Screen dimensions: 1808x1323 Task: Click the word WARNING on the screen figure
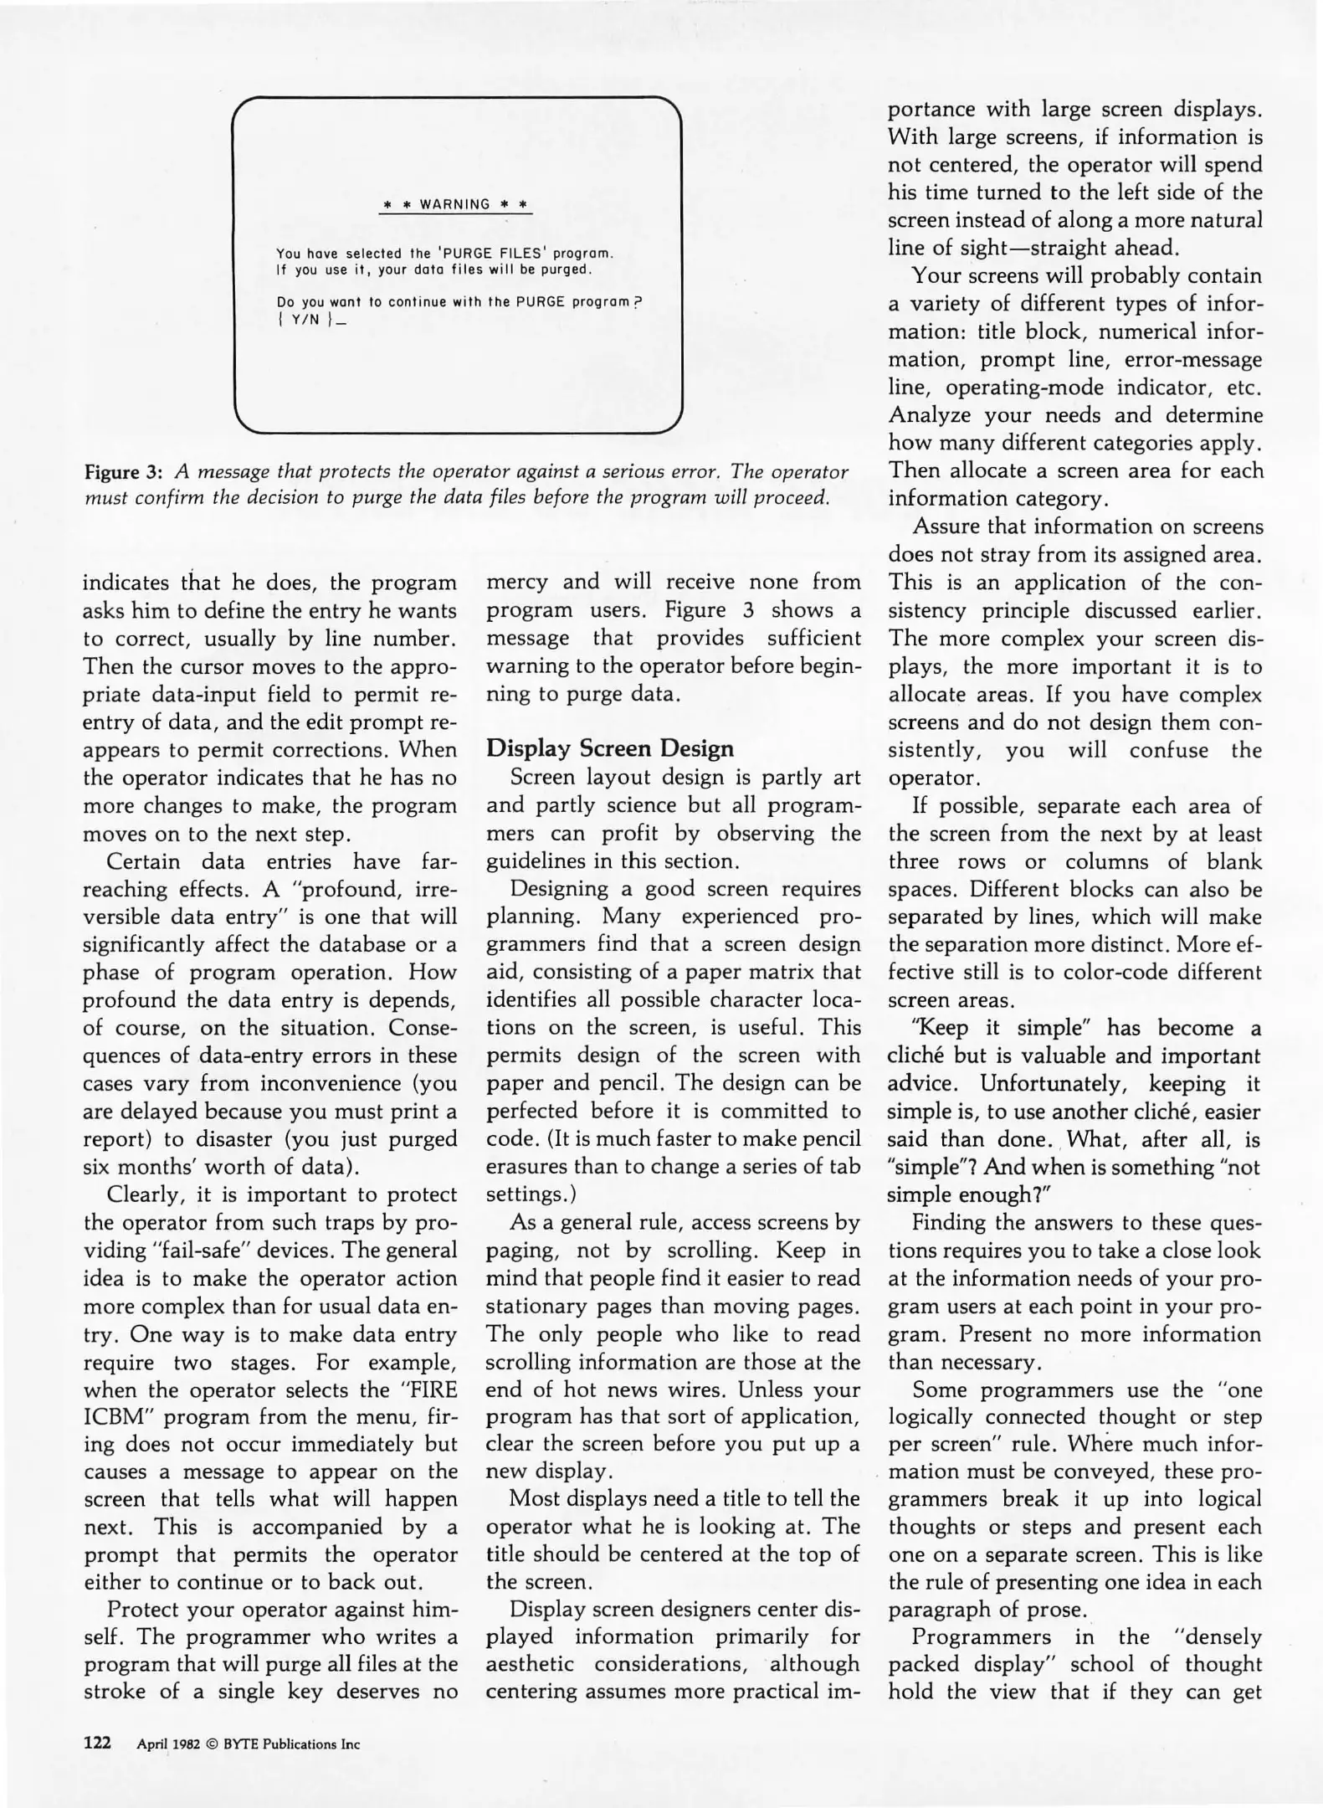pos(454,204)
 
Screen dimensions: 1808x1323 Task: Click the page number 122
pos(97,1743)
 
